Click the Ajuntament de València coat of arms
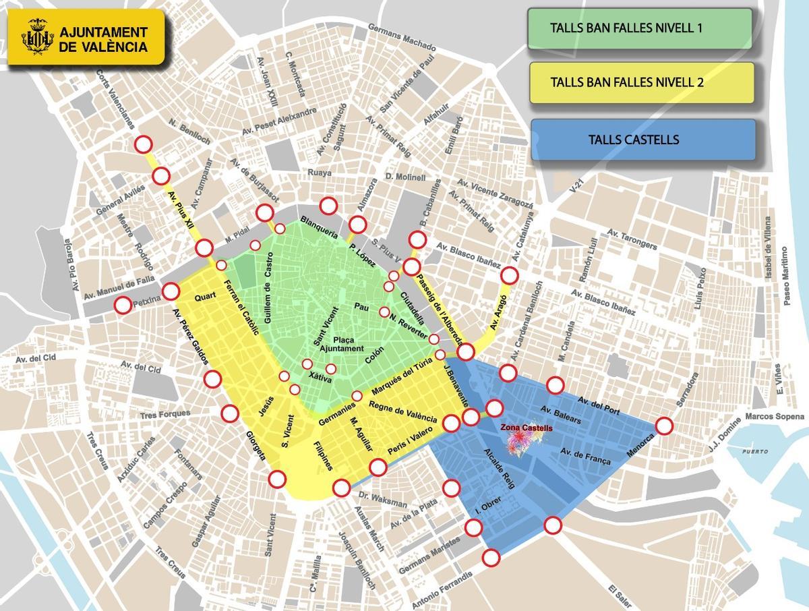[x=37, y=37]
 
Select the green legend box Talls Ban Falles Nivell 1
[x=640, y=28]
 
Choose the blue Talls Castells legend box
[x=642, y=140]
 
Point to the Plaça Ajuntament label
[x=341, y=343]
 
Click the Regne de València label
[x=403, y=412]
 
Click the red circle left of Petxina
[x=123, y=305]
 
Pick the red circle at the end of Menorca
[x=664, y=426]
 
